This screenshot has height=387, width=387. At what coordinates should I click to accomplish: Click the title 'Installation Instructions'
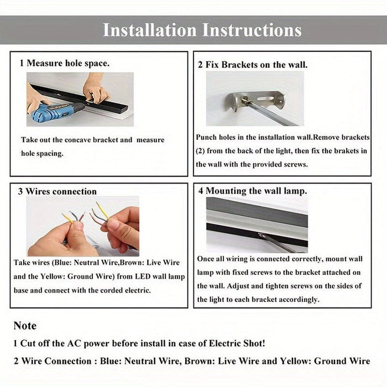(202, 30)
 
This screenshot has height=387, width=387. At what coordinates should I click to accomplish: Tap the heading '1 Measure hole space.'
(65, 63)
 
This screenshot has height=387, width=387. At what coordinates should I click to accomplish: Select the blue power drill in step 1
(56, 112)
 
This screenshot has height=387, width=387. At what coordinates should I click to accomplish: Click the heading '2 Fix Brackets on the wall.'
(253, 65)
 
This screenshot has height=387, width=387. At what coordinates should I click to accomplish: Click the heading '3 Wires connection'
(57, 191)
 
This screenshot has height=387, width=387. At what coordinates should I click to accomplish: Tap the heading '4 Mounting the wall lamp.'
(253, 191)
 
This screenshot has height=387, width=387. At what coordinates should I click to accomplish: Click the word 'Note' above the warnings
(25, 326)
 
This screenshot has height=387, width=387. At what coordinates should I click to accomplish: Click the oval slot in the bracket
(265, 99)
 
